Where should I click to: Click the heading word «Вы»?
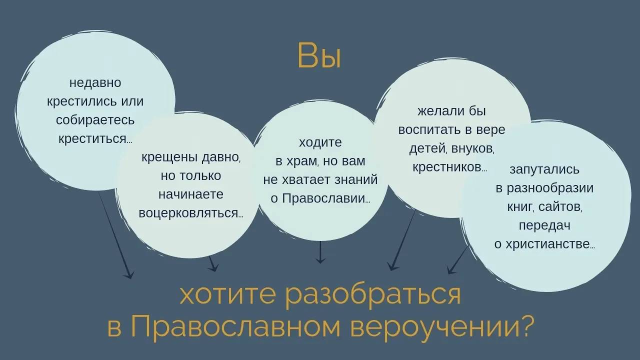pyautogui.click(x=319, y=56)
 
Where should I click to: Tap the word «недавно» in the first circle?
pyautogui.click(x=95, y=82)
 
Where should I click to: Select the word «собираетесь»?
pyautogui.click(x=95, y=120)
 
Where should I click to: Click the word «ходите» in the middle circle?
pyautogui.click(x=320, y=142)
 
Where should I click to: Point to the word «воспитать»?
pyautogui.click(x=429, y=129)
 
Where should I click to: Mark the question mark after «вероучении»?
pyautogui.click(x=524, y=327)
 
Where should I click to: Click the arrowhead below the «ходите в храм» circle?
pyautogui.click(x=320, y=260)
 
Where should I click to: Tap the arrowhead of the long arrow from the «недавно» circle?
pyautogui.click(x=129, y=274)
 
